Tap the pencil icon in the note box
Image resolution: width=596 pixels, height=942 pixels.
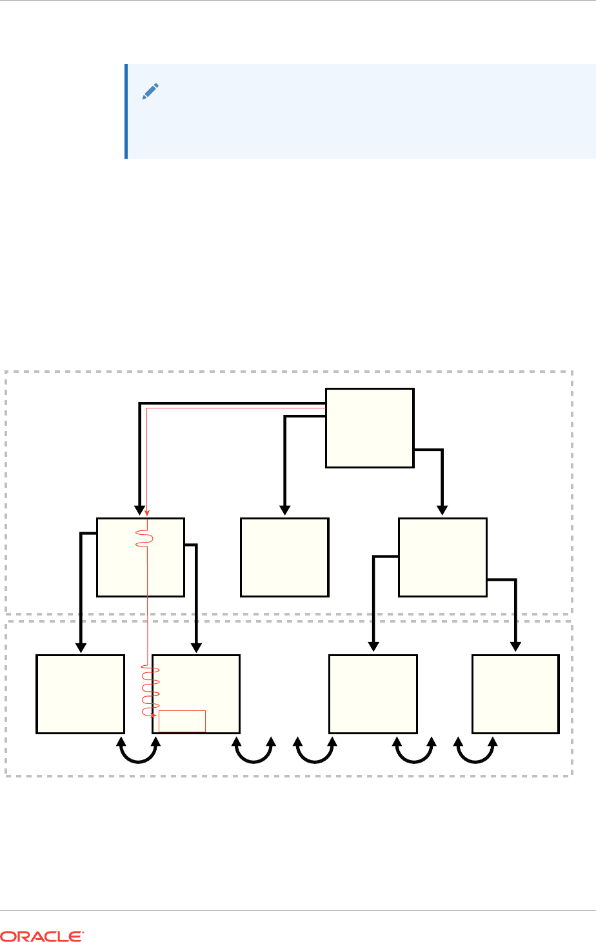[x=150, y=92]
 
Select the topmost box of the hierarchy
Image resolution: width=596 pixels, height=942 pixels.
[x=369, y=427]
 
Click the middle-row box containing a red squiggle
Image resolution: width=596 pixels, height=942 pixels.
[x=140, y=557]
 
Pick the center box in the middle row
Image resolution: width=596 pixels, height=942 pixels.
[x=284, y=557]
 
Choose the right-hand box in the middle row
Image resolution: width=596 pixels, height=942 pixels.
[x=442, y=557]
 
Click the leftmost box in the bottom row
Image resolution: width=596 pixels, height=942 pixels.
[x=80, y=694]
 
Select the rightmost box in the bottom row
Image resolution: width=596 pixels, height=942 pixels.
[x=515, y=694]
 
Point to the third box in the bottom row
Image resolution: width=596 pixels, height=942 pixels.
[x=373, y=694]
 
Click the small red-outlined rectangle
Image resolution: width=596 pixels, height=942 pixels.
[x=182, y=721]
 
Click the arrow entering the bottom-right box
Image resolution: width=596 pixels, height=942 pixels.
[x=515, y=613]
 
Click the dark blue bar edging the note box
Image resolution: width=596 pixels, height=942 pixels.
[x=126, y=111]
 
